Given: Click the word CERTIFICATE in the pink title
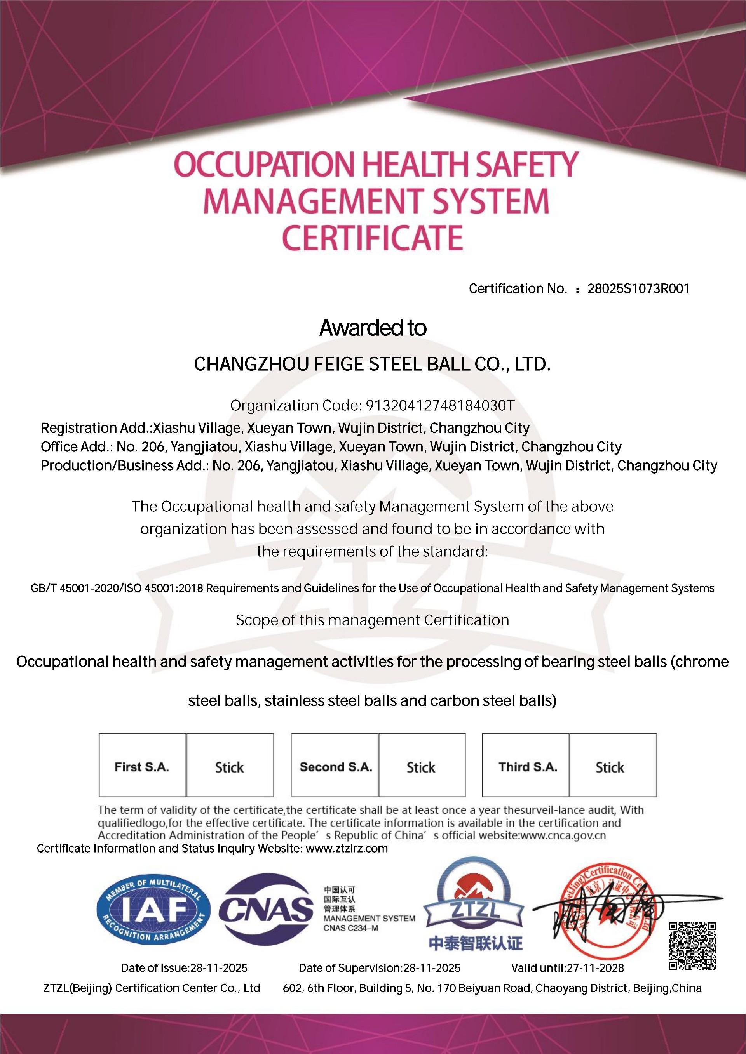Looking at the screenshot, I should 372,238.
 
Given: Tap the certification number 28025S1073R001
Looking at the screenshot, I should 638,289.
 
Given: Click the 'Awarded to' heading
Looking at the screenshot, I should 373,328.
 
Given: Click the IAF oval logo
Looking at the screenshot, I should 153,910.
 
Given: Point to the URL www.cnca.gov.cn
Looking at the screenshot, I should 563,835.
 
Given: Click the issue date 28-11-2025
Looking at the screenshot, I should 219,968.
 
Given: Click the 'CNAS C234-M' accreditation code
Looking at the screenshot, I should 350,928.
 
